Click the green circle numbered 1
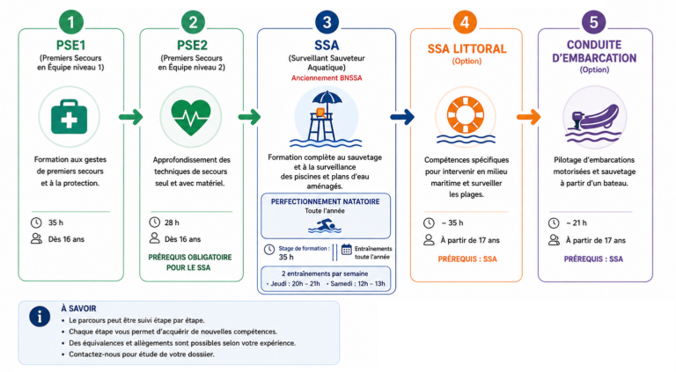70,22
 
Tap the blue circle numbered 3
327,22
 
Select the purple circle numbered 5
593,22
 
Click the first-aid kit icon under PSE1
69,117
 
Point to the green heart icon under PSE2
191,117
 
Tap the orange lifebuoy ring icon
466,115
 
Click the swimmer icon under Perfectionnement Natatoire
325,226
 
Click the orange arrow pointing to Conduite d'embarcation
528,117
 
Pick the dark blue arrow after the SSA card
402,117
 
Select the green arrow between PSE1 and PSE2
131,117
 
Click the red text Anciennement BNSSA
327,78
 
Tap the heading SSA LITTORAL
467,48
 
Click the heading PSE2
192,45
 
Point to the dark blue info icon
40,317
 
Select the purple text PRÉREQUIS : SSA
593,259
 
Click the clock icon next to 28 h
154,222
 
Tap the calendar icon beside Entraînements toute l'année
347,249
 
